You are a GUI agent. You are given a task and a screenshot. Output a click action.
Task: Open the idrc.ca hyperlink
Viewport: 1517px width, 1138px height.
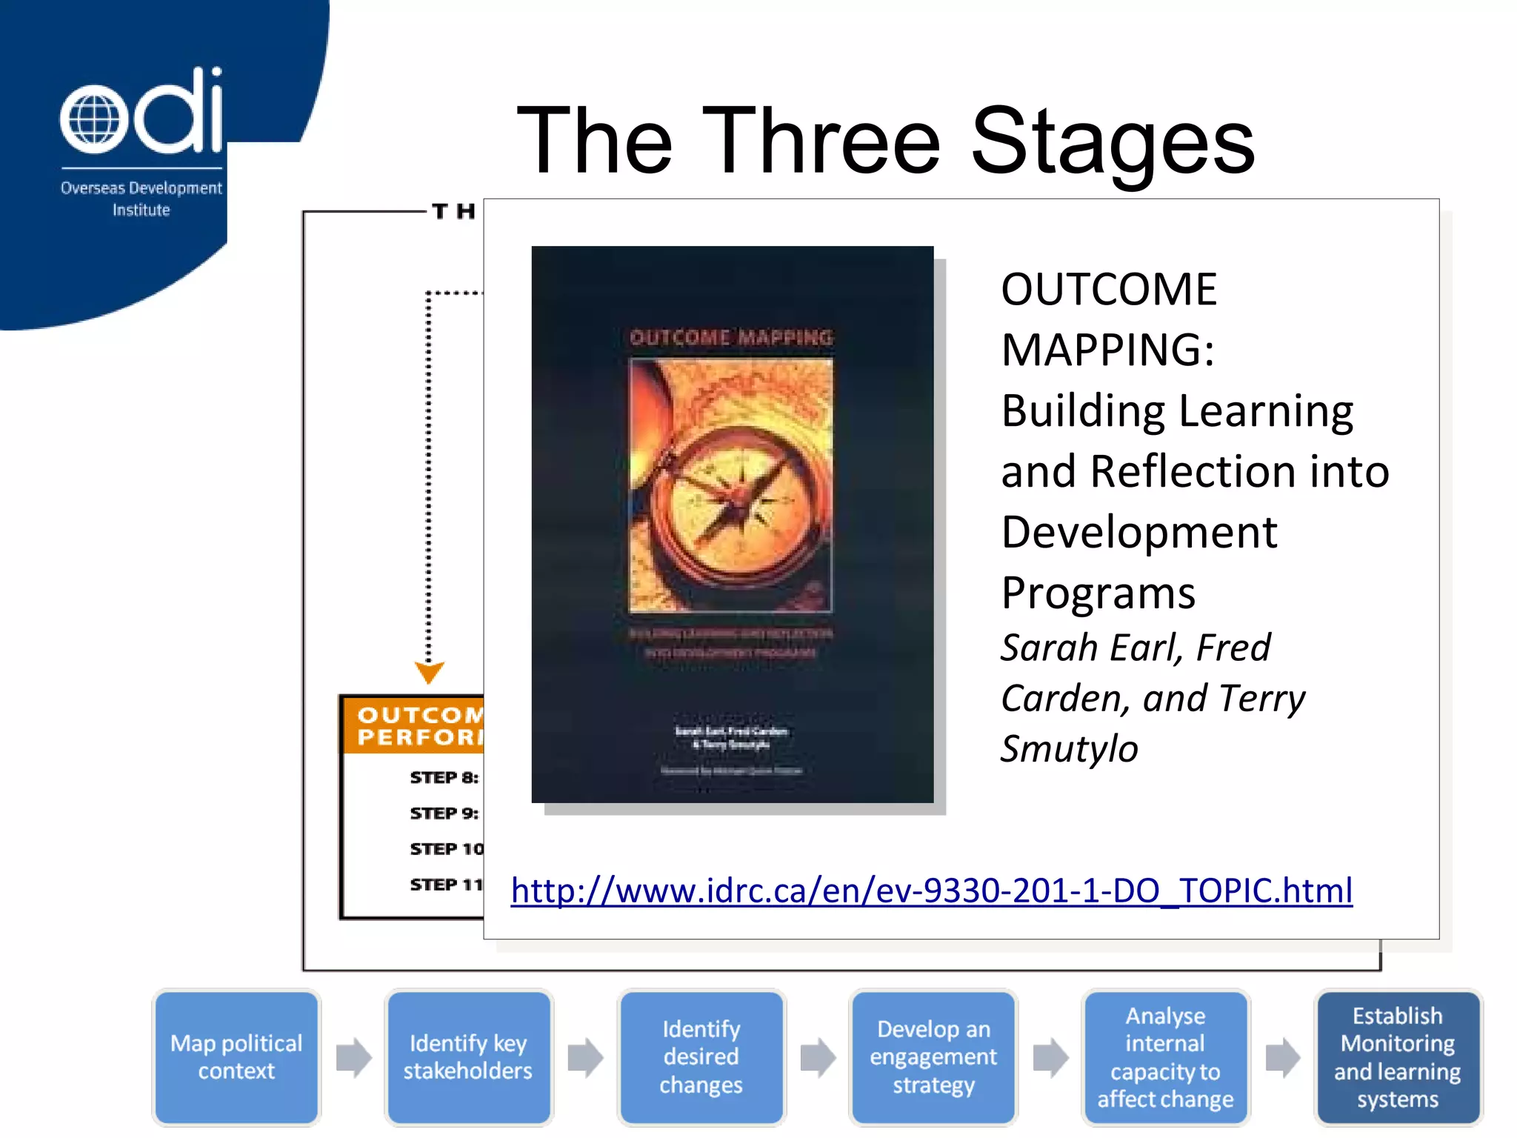(931, 890)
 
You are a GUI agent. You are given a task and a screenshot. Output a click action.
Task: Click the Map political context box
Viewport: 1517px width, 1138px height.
(236, 1057)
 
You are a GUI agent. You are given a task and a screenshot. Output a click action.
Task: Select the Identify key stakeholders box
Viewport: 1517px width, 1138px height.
(468, 1057)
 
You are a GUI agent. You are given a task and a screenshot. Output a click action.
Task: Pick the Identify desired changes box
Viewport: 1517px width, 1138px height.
(701, 1057)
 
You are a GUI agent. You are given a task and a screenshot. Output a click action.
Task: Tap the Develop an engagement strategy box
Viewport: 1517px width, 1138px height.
(933, 1057)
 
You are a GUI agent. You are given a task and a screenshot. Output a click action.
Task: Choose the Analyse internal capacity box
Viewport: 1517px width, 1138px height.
(1165, 1057)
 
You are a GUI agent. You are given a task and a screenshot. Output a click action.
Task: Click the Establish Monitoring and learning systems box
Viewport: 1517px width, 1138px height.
(1397, 1057)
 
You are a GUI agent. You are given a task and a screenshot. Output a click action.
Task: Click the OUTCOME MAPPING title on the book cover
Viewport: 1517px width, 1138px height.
(731, 338)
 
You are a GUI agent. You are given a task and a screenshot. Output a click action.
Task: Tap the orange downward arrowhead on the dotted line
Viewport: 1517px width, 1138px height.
(429, 672)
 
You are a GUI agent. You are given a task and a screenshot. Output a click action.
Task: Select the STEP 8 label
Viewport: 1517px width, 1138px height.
(444, 777)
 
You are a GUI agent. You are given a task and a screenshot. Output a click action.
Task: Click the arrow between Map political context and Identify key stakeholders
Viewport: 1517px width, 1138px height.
(353, 1057)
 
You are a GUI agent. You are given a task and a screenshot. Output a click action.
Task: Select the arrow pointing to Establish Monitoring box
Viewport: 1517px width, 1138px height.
(1282, 1057)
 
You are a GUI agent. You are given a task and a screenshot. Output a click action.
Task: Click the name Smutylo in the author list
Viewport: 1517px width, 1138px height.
(1069, 748)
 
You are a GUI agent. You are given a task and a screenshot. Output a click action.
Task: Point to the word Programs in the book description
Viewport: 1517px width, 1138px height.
(1098, 593)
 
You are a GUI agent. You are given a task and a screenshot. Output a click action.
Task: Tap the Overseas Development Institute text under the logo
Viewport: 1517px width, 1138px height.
(141, 199)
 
